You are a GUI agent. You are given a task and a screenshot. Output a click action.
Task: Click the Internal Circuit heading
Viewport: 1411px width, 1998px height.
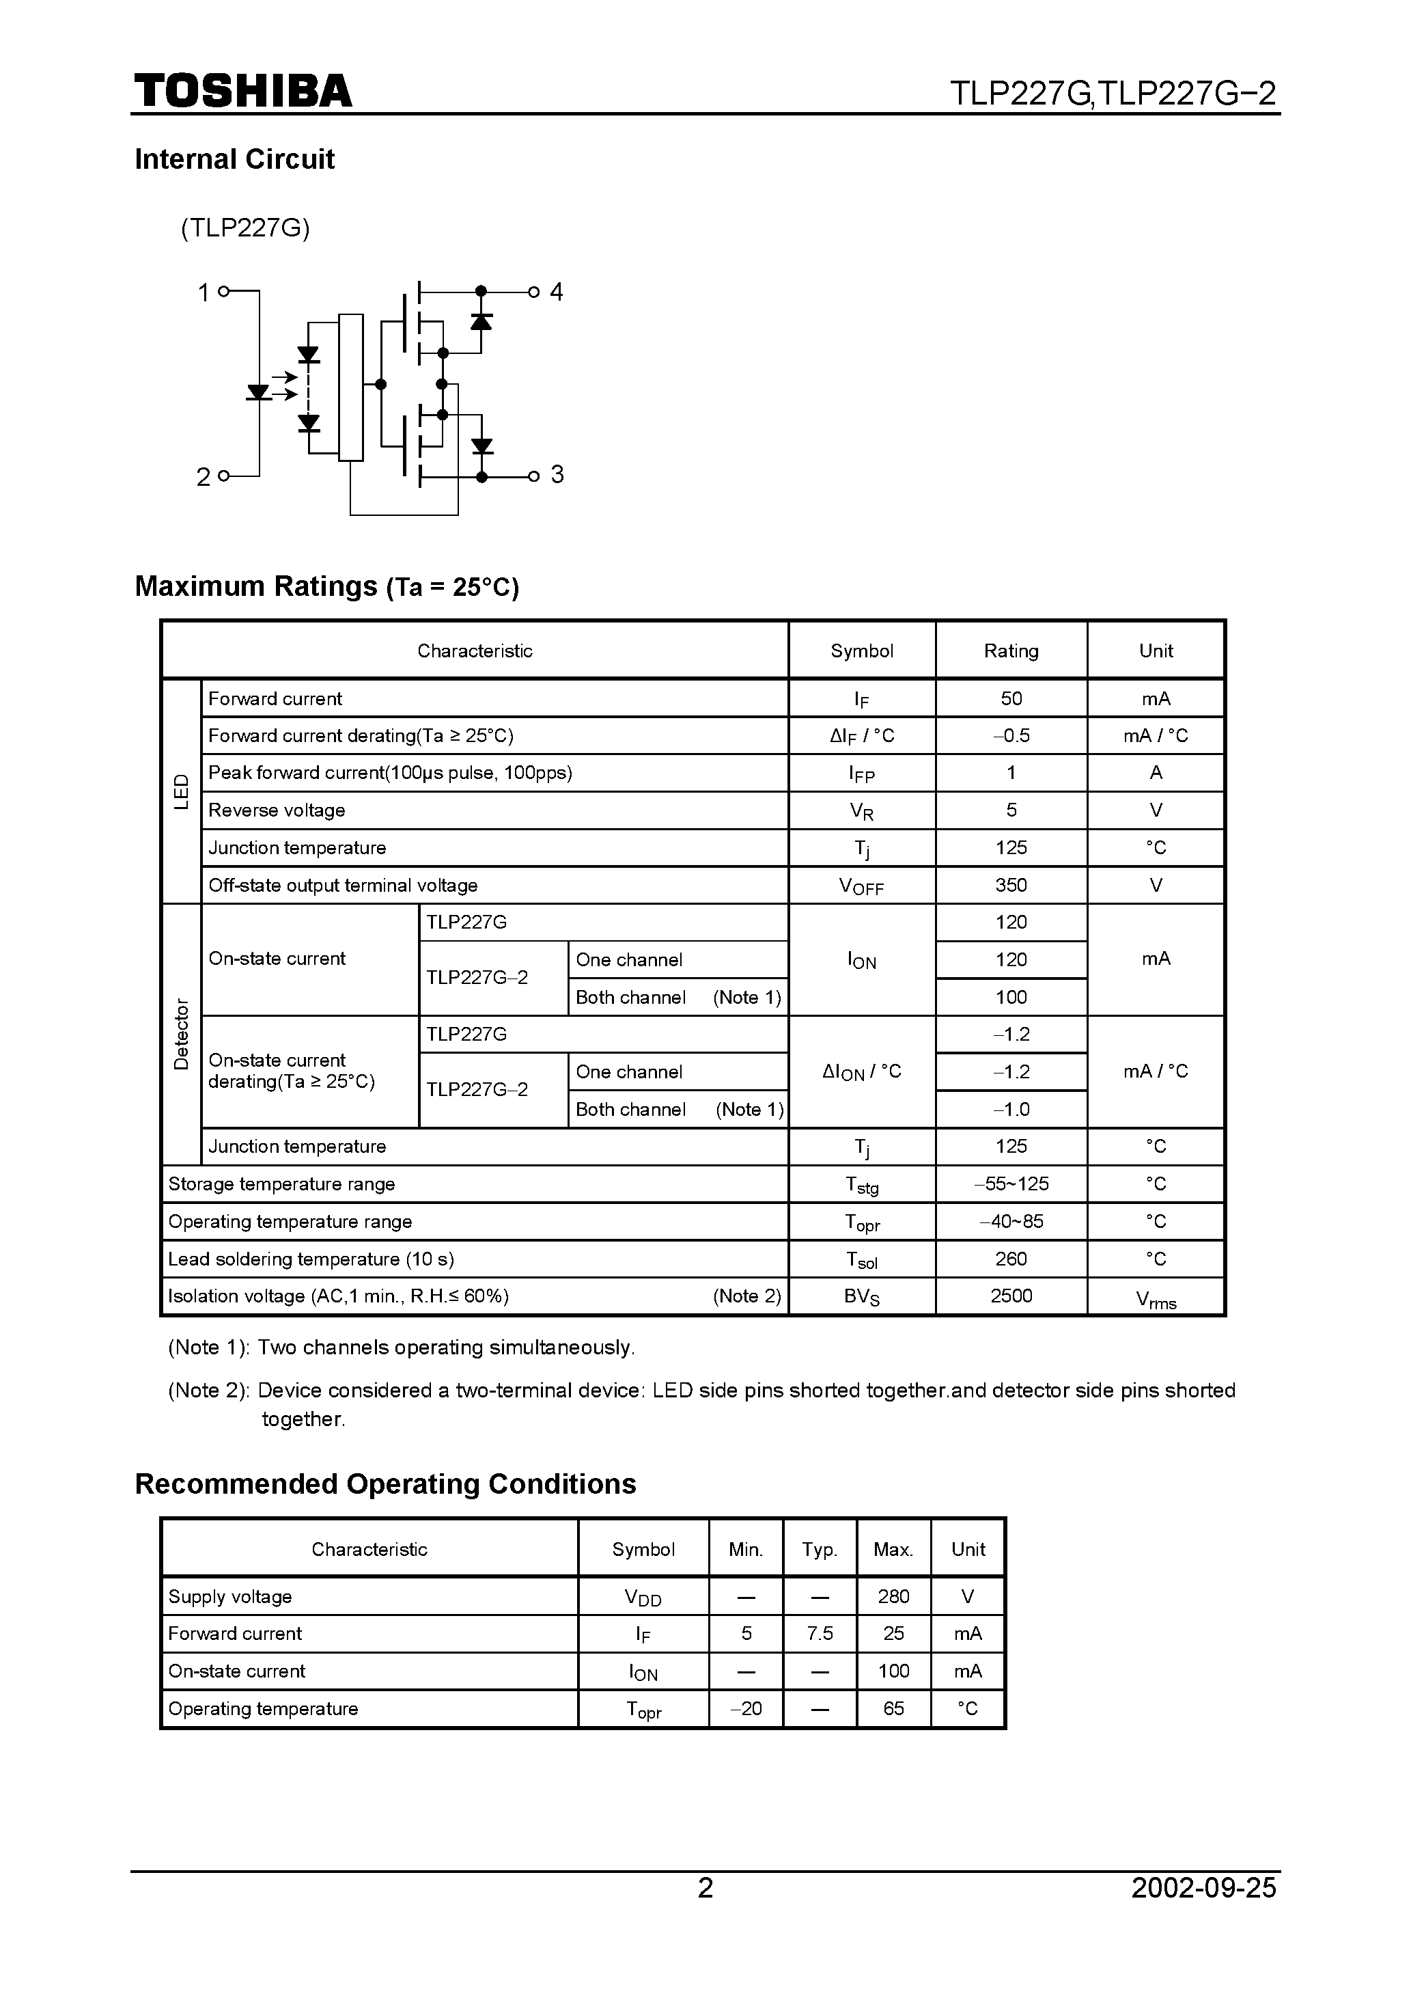click(x=234, y=159)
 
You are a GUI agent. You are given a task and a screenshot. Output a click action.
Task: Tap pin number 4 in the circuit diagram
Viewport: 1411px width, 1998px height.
click(x=557, y=292)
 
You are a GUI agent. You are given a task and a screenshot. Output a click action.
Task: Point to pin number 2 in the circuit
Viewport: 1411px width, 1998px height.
click(x=204, y=477)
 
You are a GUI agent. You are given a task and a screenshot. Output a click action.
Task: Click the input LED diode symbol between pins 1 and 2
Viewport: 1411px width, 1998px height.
click(x=258, y=392)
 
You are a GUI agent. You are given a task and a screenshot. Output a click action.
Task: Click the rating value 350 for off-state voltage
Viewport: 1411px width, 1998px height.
click(x=1011, y=885)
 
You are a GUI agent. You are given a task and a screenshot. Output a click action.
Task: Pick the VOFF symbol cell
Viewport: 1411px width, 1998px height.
click(x=861, y=886)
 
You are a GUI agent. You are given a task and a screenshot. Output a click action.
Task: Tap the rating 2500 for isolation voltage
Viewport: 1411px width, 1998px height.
click(x=1011, y=1296)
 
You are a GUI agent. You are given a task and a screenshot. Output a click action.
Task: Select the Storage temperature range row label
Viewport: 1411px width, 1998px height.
click(x=282, y=1183)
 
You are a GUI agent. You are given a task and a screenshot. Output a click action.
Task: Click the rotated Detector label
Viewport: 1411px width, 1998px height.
click(x=181, y=1034)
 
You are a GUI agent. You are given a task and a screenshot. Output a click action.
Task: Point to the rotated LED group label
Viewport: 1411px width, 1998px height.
click(x=181, y=791)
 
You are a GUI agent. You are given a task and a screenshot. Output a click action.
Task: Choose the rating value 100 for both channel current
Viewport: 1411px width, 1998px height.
click(x=1011, y=997)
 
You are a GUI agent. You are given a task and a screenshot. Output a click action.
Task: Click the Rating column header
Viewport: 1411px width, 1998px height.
click(x=1011, y=651)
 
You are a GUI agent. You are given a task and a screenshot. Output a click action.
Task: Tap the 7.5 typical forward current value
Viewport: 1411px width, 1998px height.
click(x=820, y=1633)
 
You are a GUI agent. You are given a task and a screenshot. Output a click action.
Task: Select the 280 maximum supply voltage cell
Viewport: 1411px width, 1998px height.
click(x=893, y=1596)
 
